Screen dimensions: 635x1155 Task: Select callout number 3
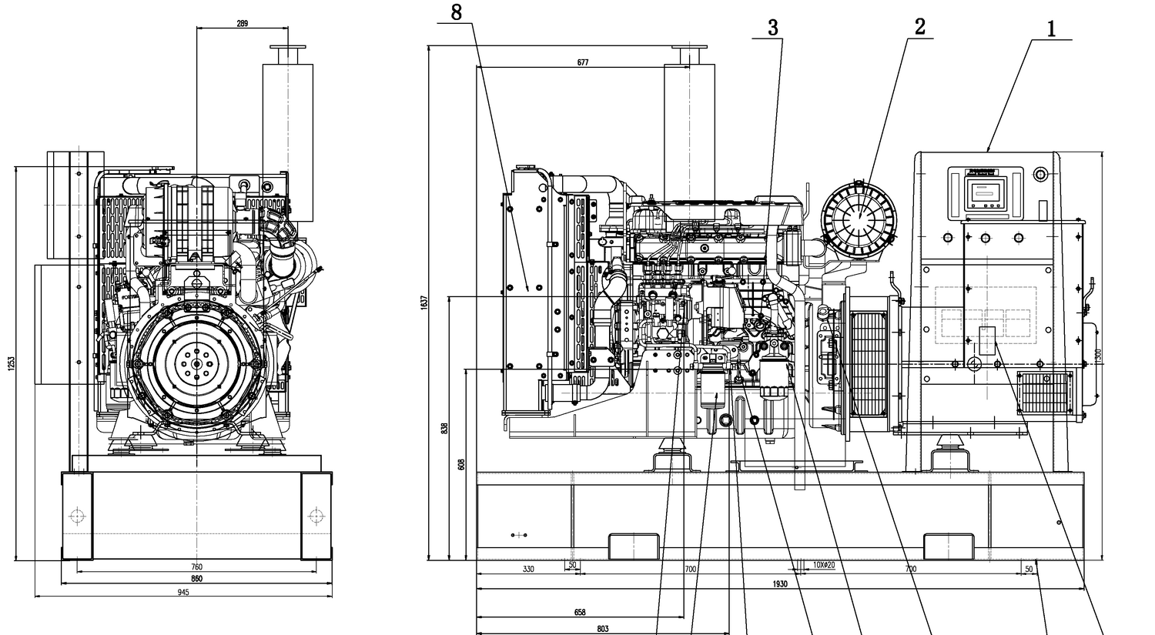click(x=772, y=27)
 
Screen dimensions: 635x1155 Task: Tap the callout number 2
click(x=919, y=26)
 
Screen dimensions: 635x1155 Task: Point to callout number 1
click(x=1050, y=29)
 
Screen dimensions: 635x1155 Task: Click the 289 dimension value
click(x=242, y=23)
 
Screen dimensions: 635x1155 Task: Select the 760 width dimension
click(x=196, y=567)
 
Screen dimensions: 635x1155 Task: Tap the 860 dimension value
click(x=196, y=578)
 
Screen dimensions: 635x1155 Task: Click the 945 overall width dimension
click(x=183, y=592)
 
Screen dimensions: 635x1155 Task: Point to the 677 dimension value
click(x=582, y=62)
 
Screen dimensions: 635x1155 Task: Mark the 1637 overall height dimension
click(x=423, y=302)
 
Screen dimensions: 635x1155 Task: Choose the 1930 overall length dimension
click(x=779, y=584)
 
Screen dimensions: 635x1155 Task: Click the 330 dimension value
click(x=527, y=569)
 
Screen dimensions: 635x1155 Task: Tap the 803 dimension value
click(x=602, y=629)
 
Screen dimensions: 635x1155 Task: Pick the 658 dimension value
click(x=580, y=613)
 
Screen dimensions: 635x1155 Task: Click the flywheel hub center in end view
click(x=196, y=364)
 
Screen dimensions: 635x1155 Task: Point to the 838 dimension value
click(x=444, y=428)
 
